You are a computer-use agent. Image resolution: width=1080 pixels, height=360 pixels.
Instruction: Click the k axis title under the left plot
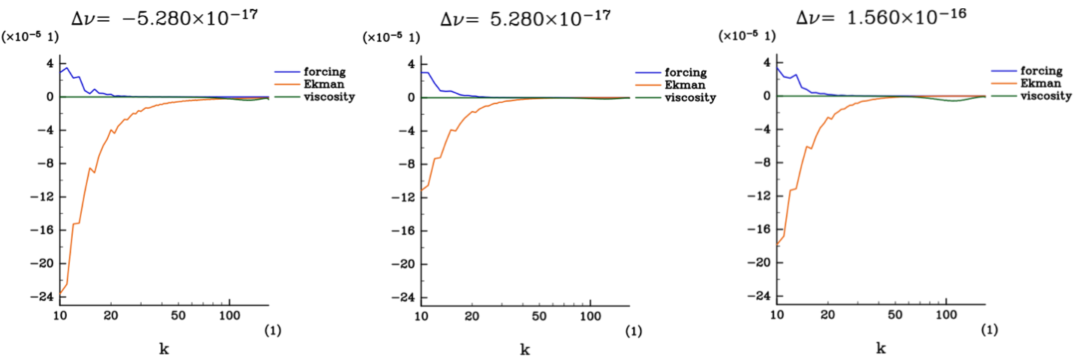[163, 349]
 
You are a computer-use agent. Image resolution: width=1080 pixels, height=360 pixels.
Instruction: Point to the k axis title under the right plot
[881, 349]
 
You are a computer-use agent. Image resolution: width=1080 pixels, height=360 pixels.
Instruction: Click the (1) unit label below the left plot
[271, 330]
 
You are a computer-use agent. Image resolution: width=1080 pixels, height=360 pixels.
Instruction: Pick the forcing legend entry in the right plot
[1041, 71]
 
